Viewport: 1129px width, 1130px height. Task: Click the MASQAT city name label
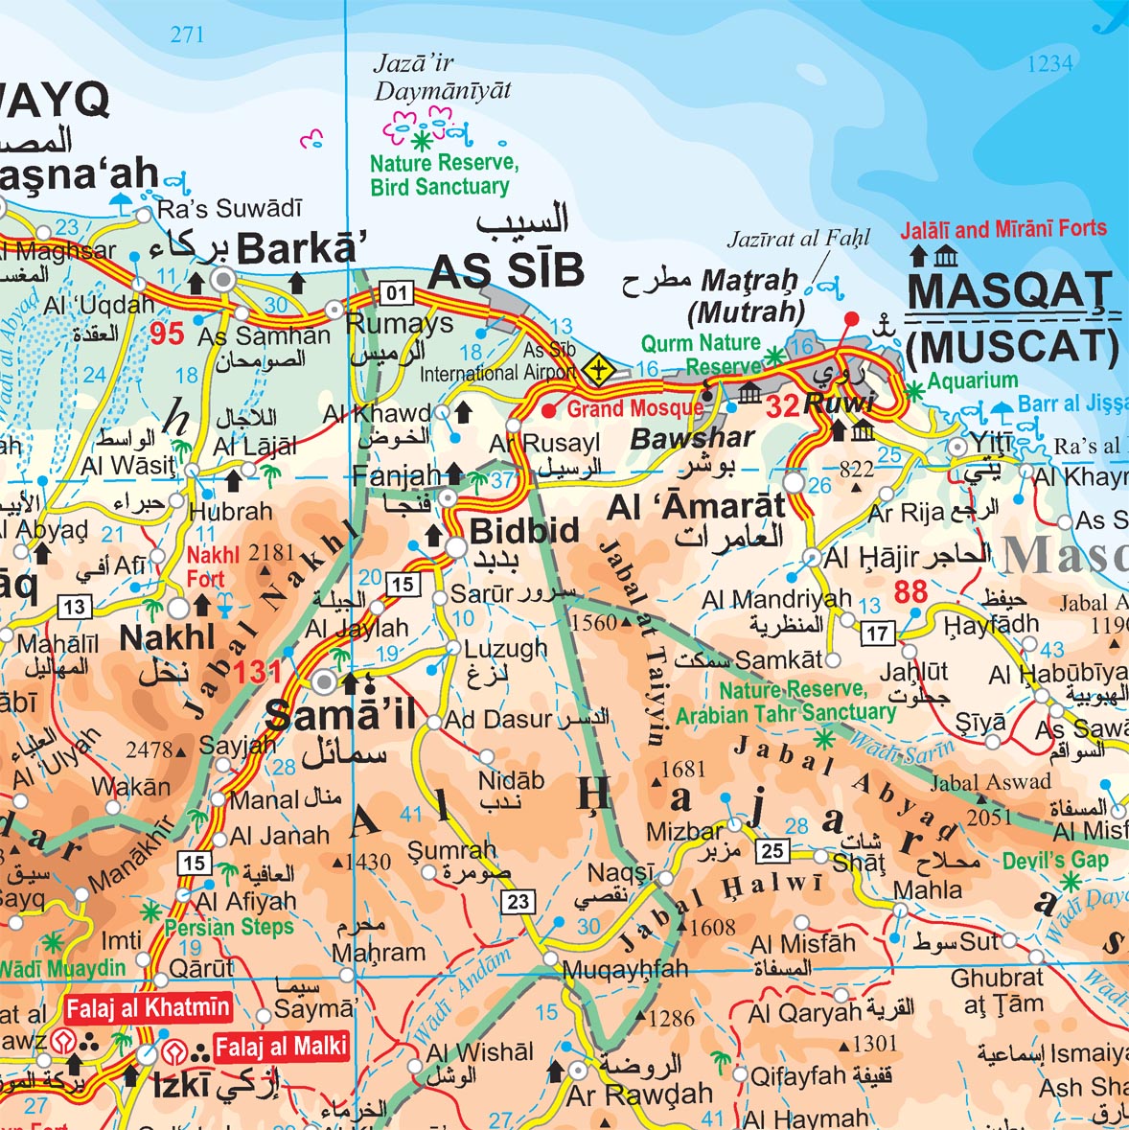[1008, 291]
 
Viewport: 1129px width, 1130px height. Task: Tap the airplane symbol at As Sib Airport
[599, 368]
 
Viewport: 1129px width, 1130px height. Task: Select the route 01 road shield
[396, 292]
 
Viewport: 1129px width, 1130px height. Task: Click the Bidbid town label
[524, 531]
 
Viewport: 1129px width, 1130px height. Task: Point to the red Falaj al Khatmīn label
[148, 1007]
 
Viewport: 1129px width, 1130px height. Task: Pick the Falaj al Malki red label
[280, 1047]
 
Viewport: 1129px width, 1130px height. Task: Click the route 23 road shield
[518, 901]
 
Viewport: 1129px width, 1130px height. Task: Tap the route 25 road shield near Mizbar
[772, 850]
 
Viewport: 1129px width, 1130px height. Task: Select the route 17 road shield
[877, 633]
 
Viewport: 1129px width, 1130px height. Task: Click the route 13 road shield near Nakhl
[74, 607]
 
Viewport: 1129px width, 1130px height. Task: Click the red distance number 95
[167, 334]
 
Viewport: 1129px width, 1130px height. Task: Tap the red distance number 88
[910, 591]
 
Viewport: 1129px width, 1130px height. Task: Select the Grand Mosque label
[634, 409]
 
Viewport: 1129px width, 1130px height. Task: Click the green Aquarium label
[972, 381]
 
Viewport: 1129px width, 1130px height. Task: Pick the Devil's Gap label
[1055, 860]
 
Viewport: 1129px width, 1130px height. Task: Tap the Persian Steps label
[229, 927]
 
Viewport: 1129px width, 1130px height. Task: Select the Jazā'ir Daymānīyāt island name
[442, 78]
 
